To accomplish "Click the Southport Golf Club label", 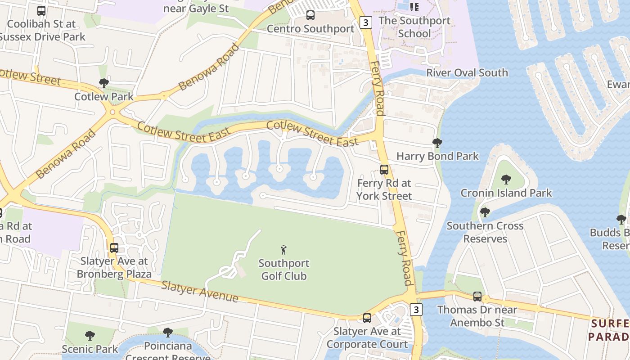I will (x=284, y=270).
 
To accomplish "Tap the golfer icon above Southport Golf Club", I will (x=283, y=250).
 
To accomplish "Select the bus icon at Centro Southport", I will (x=310, y=15).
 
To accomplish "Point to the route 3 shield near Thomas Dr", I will (x=416, y=309).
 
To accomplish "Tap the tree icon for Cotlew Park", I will (x=104, y=83).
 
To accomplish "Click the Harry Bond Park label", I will (x=437, y=157).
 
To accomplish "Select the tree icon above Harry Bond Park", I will (x=437, y=143).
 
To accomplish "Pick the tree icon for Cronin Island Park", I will (x=506, y=180).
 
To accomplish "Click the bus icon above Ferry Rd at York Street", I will (x=384, y=170).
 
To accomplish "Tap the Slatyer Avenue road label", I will (x=199, y=291).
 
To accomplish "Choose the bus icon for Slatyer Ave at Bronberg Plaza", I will (x=114, y=247).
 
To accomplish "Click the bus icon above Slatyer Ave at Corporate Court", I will (x=367, y=318).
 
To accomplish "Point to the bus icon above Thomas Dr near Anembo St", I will (x=477, y=297).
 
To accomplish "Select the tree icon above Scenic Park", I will (x=90, y=335).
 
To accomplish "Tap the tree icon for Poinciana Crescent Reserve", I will (x=168, y=333).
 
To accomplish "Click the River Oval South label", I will (x=467, y=73).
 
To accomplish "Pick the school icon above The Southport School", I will (x=414, y=7).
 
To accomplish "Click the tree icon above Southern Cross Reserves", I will (x=485, y=212).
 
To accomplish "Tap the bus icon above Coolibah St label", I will (x=41, y=10).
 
